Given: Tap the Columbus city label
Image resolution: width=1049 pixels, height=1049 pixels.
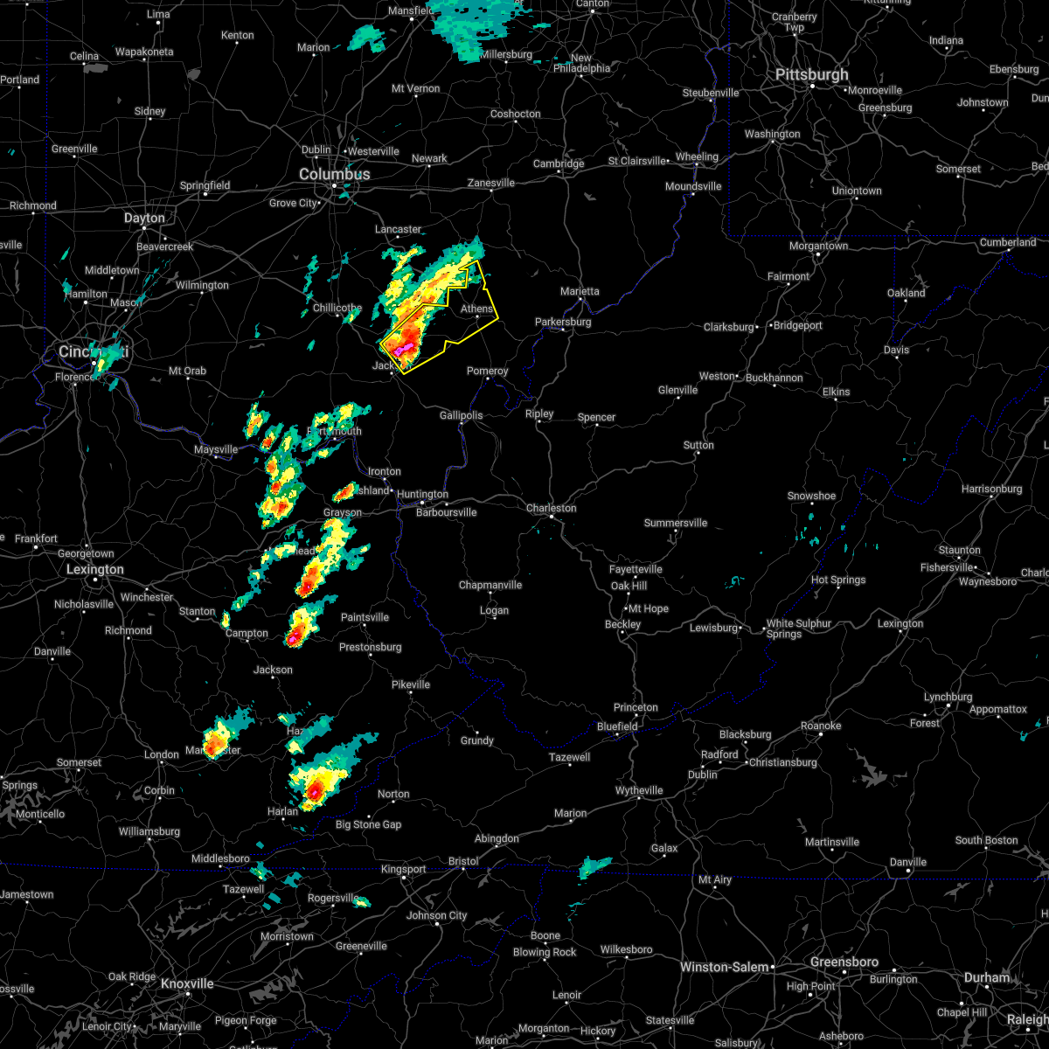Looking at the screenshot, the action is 334,175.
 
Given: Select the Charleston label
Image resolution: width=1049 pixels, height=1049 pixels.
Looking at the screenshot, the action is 551,508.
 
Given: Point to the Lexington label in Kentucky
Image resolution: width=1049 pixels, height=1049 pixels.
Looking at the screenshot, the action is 95,570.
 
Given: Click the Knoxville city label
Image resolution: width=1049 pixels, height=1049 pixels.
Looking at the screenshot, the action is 187,983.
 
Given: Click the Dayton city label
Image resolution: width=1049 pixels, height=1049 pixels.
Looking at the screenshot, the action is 144,219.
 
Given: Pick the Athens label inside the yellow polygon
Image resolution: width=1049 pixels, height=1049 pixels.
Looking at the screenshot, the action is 476,309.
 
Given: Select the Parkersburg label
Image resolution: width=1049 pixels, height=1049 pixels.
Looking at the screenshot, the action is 563,322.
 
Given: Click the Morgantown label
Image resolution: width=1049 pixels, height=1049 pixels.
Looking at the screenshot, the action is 818,247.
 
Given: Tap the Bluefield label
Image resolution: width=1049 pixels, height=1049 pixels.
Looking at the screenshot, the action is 618,726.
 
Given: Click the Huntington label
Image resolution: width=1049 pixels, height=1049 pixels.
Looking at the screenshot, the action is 422,495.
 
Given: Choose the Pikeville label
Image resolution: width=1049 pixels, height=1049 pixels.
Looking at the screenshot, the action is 411,684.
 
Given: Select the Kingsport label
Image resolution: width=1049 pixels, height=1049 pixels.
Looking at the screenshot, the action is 403,869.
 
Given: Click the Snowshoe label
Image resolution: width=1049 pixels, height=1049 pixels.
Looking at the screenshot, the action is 811,496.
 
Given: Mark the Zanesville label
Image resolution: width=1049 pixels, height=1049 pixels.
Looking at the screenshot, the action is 490,184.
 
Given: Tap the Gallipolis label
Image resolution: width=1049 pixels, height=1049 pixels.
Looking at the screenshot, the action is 460,415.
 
